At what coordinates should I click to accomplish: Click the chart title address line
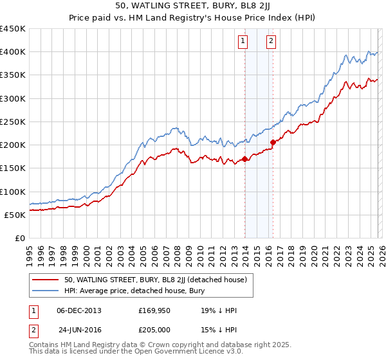point(193,7)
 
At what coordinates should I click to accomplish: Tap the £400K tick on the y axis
point(12,52)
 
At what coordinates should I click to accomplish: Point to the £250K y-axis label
point(12,122)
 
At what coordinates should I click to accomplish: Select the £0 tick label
point(19,238)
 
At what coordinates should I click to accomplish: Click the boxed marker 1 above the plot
point(243,42)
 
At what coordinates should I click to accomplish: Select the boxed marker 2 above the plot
point(271,42)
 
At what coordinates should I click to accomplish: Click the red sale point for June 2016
point(273,143)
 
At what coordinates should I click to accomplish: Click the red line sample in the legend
point(46,280)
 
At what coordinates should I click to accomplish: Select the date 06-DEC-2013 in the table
point(79,310)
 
